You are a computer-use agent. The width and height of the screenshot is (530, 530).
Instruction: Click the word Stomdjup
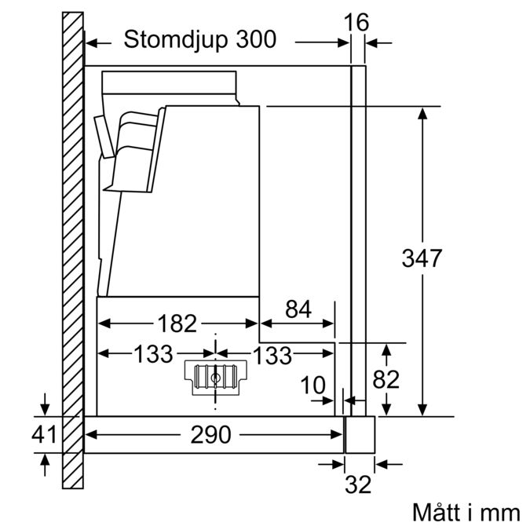[175, 41]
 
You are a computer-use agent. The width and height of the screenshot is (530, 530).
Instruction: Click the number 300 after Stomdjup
[256, 39]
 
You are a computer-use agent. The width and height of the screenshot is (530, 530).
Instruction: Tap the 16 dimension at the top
[356, 23]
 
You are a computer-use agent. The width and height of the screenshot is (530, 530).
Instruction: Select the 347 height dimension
[422, 258]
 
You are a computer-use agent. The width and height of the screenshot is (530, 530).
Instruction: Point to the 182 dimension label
[177, 323]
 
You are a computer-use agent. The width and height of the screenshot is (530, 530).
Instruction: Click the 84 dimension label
[298, 309]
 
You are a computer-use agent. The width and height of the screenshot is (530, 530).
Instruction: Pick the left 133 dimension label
[153, 354]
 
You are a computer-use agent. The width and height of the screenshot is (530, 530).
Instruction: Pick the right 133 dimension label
[272, 355]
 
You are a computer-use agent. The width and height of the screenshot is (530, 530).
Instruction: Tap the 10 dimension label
[313, 385]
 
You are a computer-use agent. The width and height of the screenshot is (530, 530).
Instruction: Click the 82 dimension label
[386, 379]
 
